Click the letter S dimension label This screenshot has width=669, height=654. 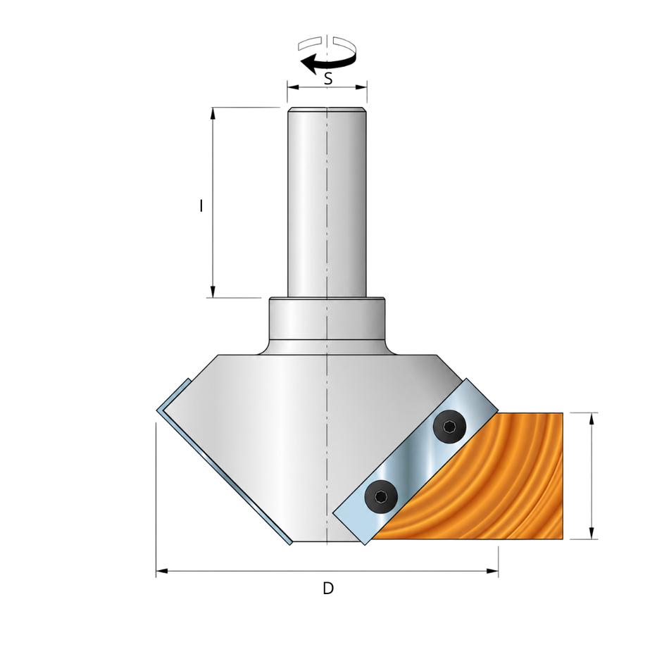click(x=327, y=79)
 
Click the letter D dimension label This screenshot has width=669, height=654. click(x=327, y=589)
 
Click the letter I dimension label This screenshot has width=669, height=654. click(x=201, y=206)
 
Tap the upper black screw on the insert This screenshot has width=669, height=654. click(x=450, y=426)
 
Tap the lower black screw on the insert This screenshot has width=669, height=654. click(x=381, y=496)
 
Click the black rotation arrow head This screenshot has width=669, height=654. click(x=308, y=64)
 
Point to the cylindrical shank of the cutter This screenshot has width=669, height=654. click(x=326, y=203)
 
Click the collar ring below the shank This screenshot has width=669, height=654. click(x=327, y=319)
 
